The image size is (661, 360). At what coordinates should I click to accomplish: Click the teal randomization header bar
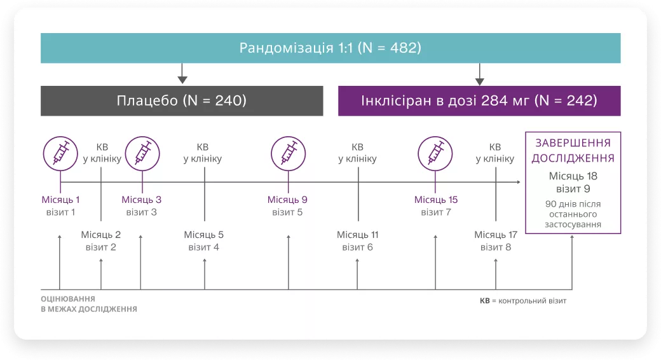[x=330, y=48]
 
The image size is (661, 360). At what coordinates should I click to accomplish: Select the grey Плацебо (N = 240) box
[x=182, y=100]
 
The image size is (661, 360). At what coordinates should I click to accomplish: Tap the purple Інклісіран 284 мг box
[x=479, y=100]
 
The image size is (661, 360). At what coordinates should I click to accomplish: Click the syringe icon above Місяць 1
[x=60, y=153]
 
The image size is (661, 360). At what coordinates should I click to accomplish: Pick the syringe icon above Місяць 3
[x=142, y=153]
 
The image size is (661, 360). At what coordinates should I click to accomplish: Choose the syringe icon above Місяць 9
[x=288, y=153]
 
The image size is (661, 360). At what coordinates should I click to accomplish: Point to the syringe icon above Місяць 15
[x=435, y=153]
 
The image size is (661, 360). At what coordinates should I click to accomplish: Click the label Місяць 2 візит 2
[x=101, y=241]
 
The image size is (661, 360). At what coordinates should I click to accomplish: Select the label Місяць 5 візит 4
[x=204, y=241]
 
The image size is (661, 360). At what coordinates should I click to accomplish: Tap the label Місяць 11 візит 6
[x=357, y=241]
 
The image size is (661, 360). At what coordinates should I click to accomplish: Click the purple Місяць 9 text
[x=288, y=200]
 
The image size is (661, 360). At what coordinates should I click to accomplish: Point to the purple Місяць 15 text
[x=435, y=200]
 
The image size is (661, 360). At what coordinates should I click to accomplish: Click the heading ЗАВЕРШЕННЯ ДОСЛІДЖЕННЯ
[x=573, y=151]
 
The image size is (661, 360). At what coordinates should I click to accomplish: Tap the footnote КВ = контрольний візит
[x=522, y=300]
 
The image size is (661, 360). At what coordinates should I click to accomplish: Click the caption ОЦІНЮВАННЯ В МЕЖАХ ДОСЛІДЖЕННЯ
[x=88, y=303]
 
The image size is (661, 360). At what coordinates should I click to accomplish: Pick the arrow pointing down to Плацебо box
[x=182, y=74]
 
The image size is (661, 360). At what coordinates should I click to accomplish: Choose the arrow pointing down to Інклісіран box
[x=480, y=74]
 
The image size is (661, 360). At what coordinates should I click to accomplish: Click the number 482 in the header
[x=399, y=48]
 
